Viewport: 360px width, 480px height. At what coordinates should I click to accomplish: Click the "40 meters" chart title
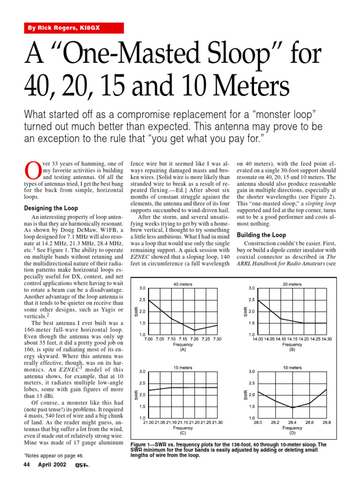point(182,284)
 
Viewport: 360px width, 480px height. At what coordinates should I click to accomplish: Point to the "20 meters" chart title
point(292,284)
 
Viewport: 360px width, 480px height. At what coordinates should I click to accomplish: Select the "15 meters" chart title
point(182,368)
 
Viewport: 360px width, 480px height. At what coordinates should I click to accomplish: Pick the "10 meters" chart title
point(292,368)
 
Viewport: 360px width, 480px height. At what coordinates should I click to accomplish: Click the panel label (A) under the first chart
point(183,349)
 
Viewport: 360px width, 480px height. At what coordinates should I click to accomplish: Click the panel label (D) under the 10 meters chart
point(292,433)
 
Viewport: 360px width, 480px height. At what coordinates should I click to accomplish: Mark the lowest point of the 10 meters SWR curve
point(292,408)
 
